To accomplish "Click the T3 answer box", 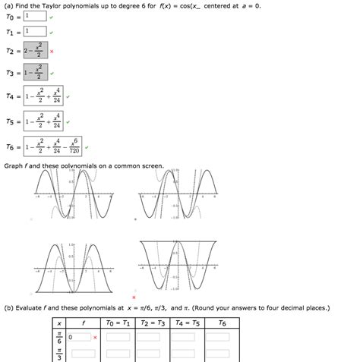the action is click(x=34, y=74).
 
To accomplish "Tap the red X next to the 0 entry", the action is click(x=95, y=336).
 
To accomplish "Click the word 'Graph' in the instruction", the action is click(x=13, y=165).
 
